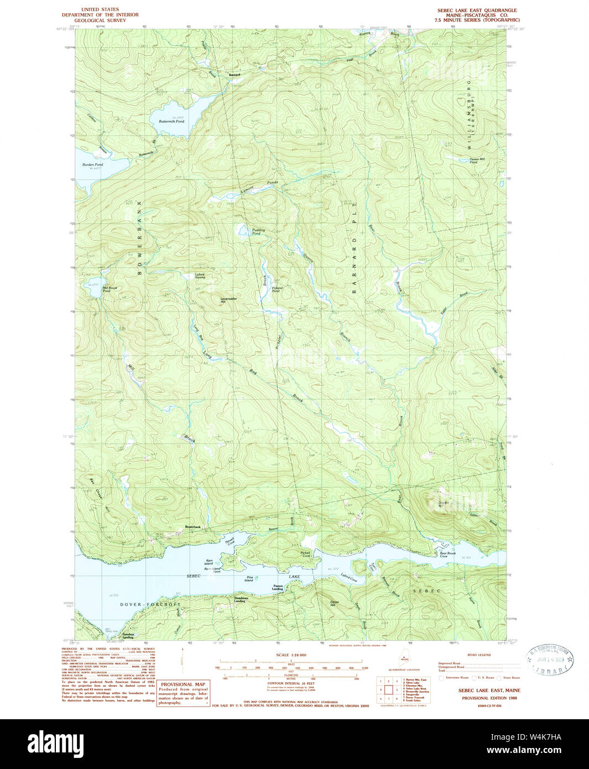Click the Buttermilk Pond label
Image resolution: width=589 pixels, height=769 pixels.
(x=171, y=121)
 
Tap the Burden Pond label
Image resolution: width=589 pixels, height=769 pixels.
(x=92, y=165)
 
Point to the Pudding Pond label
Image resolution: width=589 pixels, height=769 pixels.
(x=258, y=231)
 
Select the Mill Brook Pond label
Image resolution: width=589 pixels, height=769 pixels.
(x=110, y=289)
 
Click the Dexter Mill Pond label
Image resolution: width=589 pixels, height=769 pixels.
(x=477, y=160)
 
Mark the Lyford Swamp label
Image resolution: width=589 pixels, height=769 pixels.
(x=200, y=276)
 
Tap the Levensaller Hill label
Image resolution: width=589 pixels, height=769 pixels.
(x=220, y=300)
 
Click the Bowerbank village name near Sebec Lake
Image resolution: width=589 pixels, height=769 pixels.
(x=192, y=527)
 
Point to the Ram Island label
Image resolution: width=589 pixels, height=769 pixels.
(x=208, y=562)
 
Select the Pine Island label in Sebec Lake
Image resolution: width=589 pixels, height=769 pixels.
(x=249, y=579)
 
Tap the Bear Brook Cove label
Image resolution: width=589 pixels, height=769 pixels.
(x=447, y=554)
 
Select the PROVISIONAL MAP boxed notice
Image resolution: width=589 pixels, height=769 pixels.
(x=183, y=693)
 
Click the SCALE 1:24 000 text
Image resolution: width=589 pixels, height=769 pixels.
(x=290, y=655)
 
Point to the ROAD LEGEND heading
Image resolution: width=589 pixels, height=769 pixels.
(x=479, y=654)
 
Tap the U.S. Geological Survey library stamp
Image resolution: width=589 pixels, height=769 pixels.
(x=550, y=661)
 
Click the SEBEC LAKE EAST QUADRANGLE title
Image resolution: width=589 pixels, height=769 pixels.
(x=477, y=10)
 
